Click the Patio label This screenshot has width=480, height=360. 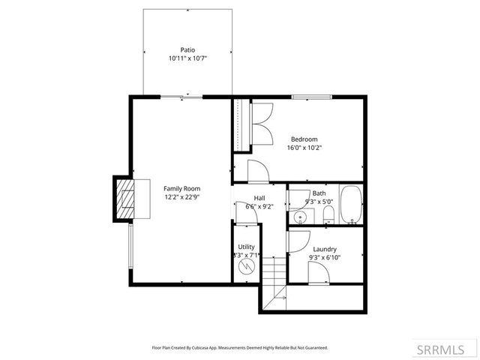[x=187, y=49]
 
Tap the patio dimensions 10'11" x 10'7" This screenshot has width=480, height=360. [x=187, y=58]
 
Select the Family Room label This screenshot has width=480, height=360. [x=181, y=188]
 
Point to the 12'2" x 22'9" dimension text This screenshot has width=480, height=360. [x=181, y=197]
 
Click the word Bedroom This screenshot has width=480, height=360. [x=304, y=139]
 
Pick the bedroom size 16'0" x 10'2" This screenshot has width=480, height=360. [x=304, y=148]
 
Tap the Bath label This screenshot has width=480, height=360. [x=319, y=193]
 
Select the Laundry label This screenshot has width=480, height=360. [x=325, y=249]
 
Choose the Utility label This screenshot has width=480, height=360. [x=246, y=247]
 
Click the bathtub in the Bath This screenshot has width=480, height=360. [x=350, y=205]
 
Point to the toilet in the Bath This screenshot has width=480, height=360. [x=328, y=216]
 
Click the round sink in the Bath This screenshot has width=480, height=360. [x=300, y=218]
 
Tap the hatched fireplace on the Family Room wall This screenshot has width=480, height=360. [x=123, y=199]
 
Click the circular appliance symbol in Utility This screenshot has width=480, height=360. [x=245, y=267]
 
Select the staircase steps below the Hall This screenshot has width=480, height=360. [x=276, y=269]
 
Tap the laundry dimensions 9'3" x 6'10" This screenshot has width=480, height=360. [x=325, y=257]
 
